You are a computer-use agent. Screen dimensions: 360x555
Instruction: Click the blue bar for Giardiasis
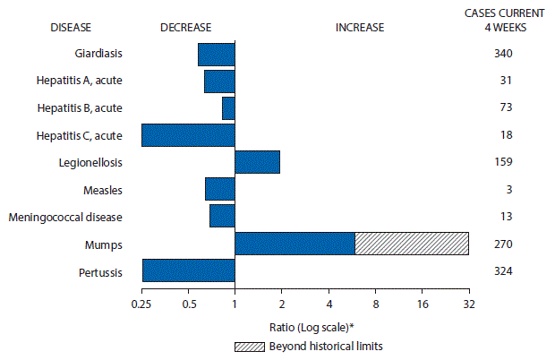(216, 55)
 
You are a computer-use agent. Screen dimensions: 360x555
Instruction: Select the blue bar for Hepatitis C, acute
(188, 135)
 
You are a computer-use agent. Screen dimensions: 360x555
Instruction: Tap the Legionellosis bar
(257, 162)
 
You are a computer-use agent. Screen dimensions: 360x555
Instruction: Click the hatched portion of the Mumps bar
(411, 243)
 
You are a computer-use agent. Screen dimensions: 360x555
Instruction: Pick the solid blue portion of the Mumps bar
(295, 243)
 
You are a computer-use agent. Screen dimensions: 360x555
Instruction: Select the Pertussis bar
(188, 270)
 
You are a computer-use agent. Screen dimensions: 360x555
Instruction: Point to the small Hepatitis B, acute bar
(228, 108)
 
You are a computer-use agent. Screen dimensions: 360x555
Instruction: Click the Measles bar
(219, 189)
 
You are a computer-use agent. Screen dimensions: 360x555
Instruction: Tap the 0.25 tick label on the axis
(141, 304)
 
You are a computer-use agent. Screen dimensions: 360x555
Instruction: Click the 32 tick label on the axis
(468, 304)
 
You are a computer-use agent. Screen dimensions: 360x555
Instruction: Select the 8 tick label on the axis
(375, 304)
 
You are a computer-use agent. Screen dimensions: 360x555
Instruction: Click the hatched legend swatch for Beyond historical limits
(254, 346)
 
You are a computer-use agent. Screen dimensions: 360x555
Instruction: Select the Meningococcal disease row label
(65, 216)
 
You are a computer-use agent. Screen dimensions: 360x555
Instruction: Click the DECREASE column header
(186, 27)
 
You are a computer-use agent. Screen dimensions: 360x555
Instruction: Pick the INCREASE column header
(359, 27)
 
